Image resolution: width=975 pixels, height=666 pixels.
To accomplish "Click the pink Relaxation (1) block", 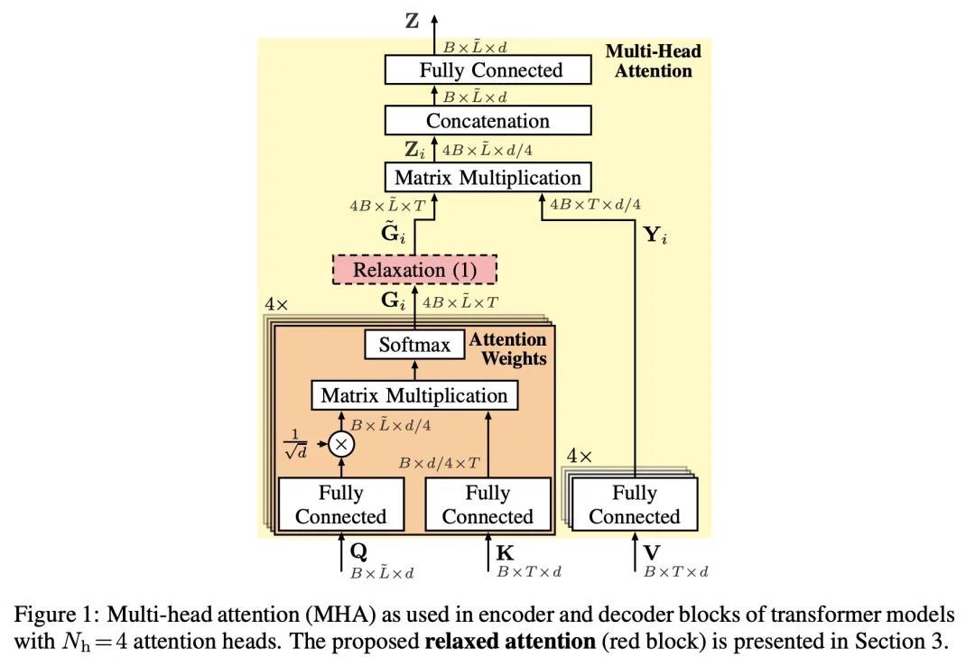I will tap(414, 270).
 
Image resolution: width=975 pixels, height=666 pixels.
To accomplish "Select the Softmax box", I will tap(414, 345).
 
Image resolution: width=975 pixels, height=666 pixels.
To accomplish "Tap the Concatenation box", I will tap(487, 121).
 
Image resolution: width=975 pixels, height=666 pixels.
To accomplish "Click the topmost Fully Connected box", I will tap(487, 70).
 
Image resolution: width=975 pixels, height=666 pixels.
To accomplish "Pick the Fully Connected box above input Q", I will tap(340, 504).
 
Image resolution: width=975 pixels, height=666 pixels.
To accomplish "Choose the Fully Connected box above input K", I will tap(487, 504).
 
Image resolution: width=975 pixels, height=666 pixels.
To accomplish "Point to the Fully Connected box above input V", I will tap(635, 504).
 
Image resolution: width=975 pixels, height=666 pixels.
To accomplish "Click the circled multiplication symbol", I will tap(341, 443).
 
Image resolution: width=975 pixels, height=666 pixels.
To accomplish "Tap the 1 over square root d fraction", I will tap(296, 442).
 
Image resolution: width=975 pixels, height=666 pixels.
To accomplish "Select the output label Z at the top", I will tap(413, 21).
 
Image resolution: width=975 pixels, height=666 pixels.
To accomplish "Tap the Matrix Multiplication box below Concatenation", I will tap(487, 177).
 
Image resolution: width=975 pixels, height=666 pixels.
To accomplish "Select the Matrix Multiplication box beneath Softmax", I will tap(414, 395).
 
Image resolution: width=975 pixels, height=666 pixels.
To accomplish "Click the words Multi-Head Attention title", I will tap(653, 60).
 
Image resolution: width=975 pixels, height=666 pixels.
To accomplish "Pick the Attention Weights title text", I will tap(508, 349).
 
